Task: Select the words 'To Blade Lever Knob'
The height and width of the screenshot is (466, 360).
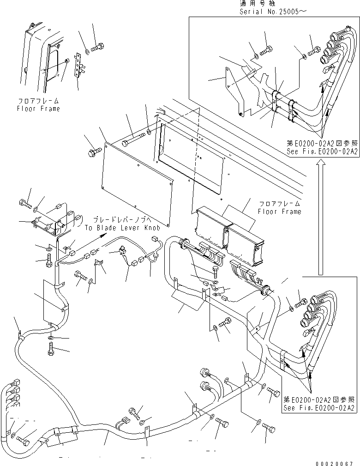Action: pyautogui.click(x=122, y=228)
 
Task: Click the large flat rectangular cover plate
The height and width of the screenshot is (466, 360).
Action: pyautogui.click(x=136, y=181)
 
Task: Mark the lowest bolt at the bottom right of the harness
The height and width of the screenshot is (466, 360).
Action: pyautogui.click(x=270, y=427)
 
